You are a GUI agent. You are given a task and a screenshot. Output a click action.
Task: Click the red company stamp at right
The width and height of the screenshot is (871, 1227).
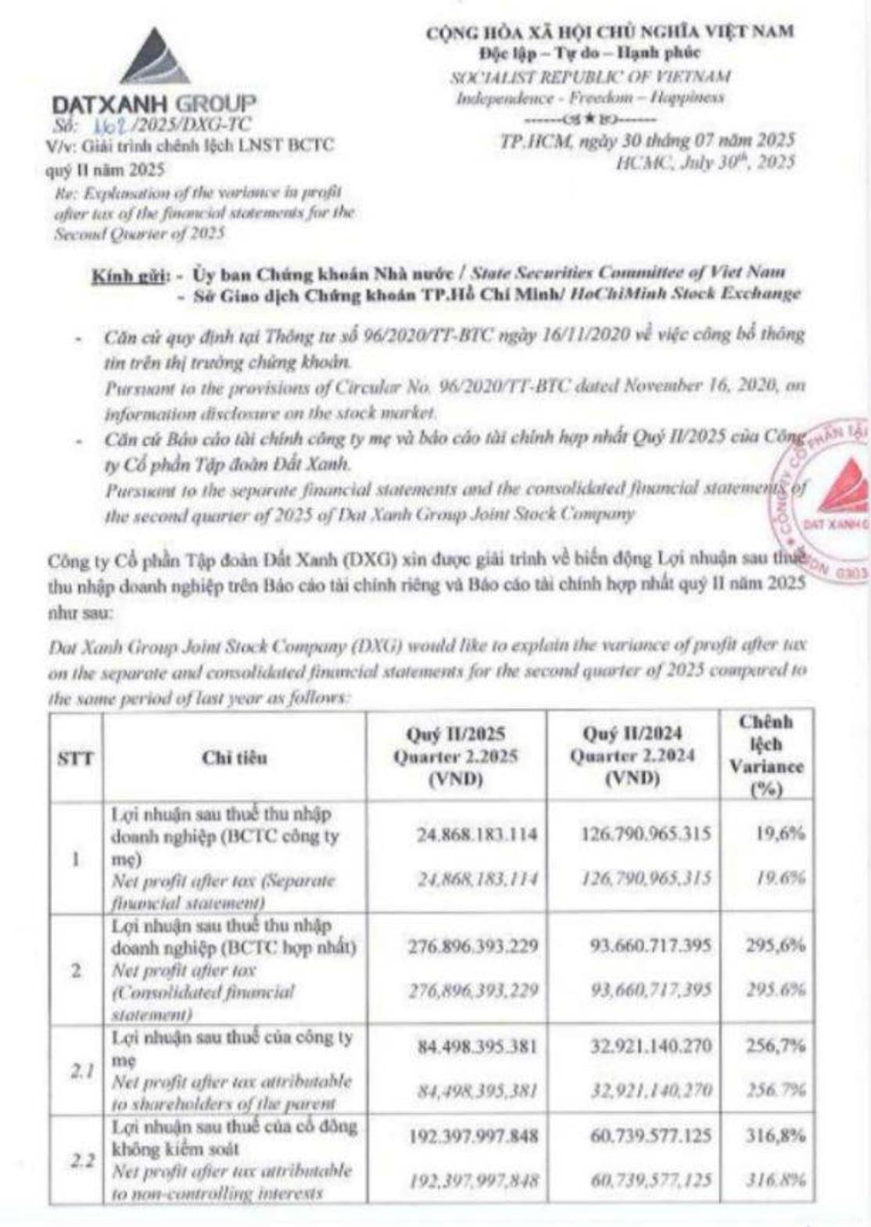(x=825, y=500)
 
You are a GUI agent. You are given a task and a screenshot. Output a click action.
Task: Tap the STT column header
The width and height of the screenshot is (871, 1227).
(x=76, y=757)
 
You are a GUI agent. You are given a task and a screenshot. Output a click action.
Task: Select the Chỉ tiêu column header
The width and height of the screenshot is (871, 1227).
(x=234, y=757)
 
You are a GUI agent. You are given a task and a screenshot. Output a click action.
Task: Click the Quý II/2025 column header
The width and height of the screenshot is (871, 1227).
(x=455, y=757)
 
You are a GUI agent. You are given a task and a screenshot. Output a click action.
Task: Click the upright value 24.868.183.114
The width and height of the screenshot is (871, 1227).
(x=477, y=834)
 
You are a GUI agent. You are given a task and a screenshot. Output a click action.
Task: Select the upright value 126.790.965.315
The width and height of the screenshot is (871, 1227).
(x=646, y=834)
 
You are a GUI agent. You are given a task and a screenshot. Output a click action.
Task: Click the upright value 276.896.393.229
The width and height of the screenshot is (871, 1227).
(x=473, y=946)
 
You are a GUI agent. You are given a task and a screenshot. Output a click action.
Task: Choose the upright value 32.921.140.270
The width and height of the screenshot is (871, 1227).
(x=651, y=1046)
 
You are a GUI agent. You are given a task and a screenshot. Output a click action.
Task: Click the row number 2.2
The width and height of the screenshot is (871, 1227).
(x=82, y=1161)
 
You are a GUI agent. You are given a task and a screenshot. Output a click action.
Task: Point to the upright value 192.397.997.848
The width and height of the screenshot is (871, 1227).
(x=473, y=1136)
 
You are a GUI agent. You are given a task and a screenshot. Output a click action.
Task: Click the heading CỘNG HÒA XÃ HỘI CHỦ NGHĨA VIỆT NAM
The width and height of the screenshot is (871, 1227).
(x=609, y=31)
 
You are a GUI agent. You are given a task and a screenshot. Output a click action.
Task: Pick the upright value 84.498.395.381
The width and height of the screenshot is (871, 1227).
(x=477, y=1046)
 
